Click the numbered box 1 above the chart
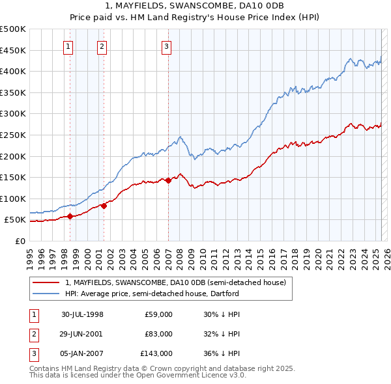tap(68, 46)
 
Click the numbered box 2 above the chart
tap(102, 46)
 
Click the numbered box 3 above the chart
tap(167, 46)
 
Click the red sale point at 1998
tap(70, 216)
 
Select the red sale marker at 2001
tap(104, 206)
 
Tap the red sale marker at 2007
tap(168, 180)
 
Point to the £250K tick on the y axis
tap(13, 135)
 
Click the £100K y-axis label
tap(13, 199)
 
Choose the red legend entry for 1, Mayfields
tap(175, 282)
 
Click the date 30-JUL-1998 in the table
tap(82, 314)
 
